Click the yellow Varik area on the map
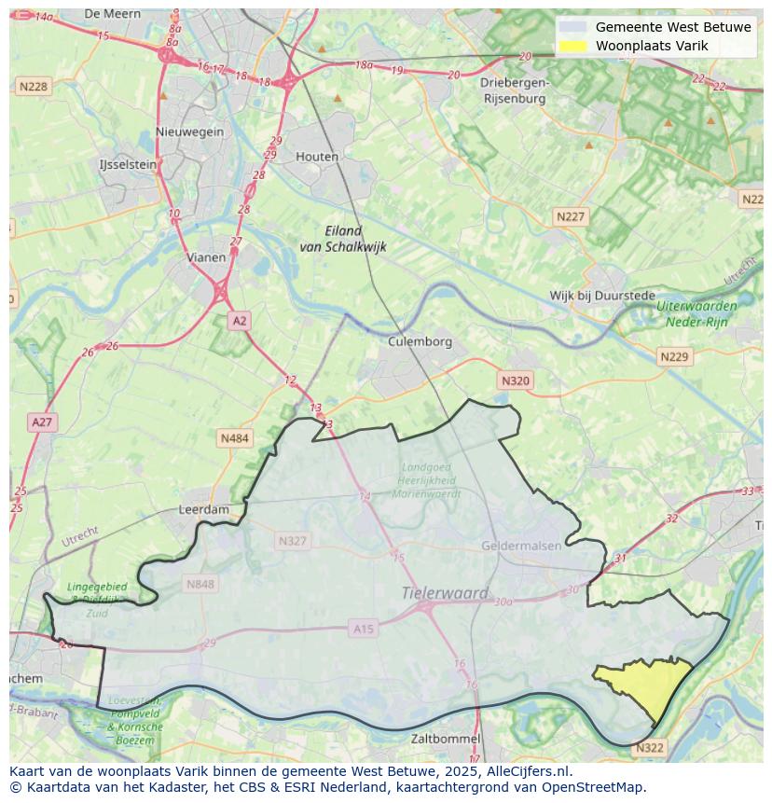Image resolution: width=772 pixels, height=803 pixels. coord(653,686)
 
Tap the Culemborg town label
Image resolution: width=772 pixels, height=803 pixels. coord(420,341)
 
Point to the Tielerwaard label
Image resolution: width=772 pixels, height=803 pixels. coord(445,592)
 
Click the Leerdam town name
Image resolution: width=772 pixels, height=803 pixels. coord(203,510)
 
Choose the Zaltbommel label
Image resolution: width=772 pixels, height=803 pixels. coord(446,739)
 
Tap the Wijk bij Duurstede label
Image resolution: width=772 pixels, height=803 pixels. coord(602,296)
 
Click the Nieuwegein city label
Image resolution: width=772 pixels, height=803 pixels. coord(190,132)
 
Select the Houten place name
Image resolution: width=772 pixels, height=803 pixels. coord(317,157)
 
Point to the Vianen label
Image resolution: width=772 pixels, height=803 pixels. coord(206,257)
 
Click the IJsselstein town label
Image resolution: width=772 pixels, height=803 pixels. coord(128,164)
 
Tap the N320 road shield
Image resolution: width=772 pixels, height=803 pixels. coord(515,381)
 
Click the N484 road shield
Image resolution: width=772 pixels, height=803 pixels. coord(234,437)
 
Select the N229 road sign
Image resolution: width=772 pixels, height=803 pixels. coord(673,357)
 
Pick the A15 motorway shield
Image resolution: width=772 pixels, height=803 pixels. coord(364,630)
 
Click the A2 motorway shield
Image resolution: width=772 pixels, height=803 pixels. coord(240,321)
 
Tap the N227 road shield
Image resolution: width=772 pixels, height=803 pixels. coord(570,216)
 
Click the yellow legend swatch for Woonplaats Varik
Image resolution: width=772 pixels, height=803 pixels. coord(572,46)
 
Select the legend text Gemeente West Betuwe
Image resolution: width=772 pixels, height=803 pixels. coord(672,27)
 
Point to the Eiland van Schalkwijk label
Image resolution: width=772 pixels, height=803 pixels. coord(342,239)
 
